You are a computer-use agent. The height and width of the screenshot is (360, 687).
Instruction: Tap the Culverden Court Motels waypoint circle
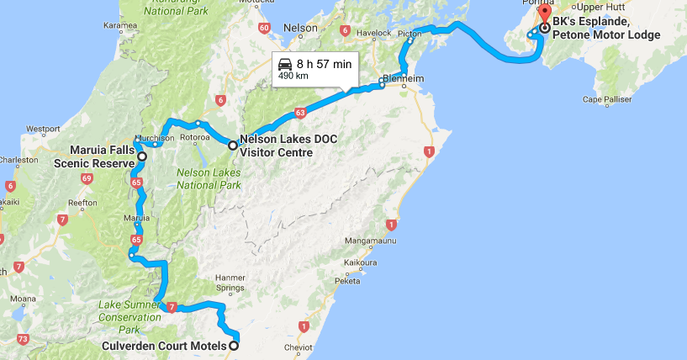click(234, 346)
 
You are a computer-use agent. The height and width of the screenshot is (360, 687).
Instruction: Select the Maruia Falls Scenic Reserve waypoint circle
click(141, 156)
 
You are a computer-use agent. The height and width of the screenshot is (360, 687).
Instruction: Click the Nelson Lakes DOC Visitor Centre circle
click(233, 145)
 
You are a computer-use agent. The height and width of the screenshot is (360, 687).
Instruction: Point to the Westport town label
click(43, 129)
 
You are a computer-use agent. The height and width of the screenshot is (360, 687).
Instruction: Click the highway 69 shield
click(87, 178)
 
